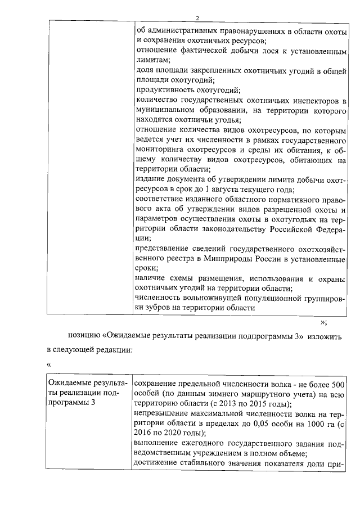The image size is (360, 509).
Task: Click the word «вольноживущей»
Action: tap(214, 298)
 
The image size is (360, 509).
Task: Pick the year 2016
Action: tap(146, 433)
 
